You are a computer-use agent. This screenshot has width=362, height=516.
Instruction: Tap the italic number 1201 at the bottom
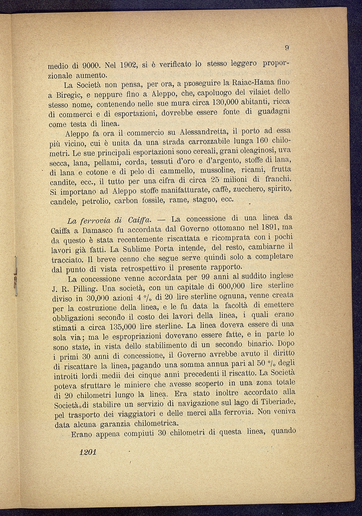click(x=87, y=452)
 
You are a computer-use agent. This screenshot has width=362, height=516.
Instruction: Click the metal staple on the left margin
click(x=16, y=275)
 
